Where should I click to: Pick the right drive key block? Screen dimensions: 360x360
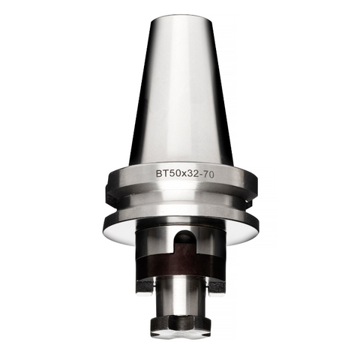point(216,286)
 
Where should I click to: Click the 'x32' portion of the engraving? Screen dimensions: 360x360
point(184,172)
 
